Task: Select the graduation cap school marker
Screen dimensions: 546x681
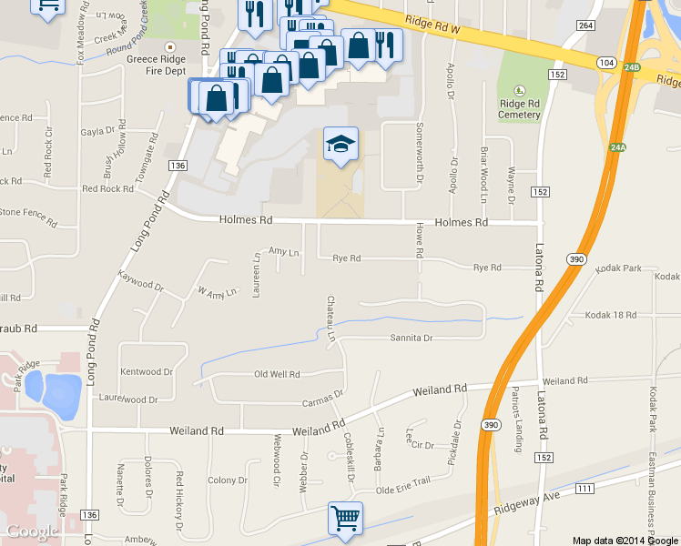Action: (x=341, y=144)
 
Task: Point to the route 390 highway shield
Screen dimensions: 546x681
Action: (x=575, y=259)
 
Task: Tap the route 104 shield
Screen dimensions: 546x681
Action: (x=606, y=61)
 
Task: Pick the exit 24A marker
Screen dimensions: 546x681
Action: (x=618, y=147)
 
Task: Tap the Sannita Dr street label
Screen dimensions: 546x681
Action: (x=410, y=338)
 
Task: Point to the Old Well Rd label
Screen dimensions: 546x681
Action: (x=276, y=374)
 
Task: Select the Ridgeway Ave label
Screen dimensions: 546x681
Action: (x=528, y=501)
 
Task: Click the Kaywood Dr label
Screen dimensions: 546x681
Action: (x=140, y=284)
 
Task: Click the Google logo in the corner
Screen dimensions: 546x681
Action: (x=33, y=531)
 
